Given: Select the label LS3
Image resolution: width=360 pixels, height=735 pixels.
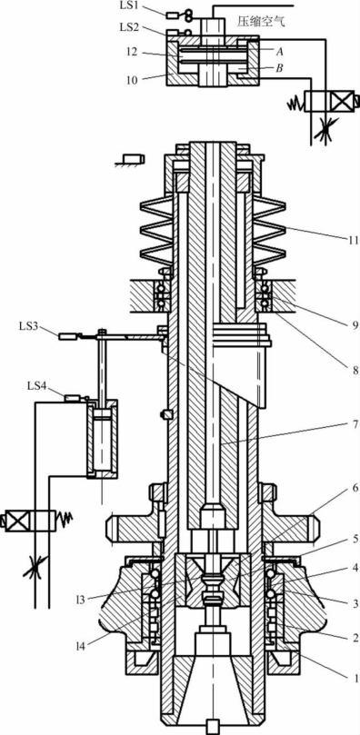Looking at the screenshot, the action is pos(28,326).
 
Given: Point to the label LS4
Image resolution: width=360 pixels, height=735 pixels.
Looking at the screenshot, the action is pos(36,386).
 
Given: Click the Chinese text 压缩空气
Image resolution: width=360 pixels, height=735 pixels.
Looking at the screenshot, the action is pos(261,22).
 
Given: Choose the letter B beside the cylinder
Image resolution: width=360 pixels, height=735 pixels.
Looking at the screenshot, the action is pos(280,68).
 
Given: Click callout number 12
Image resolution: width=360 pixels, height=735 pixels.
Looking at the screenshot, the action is pos(132,53).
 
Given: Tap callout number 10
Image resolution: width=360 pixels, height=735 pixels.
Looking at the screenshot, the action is pos(132,80).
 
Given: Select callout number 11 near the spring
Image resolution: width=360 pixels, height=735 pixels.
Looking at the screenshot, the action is pos(354,241).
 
